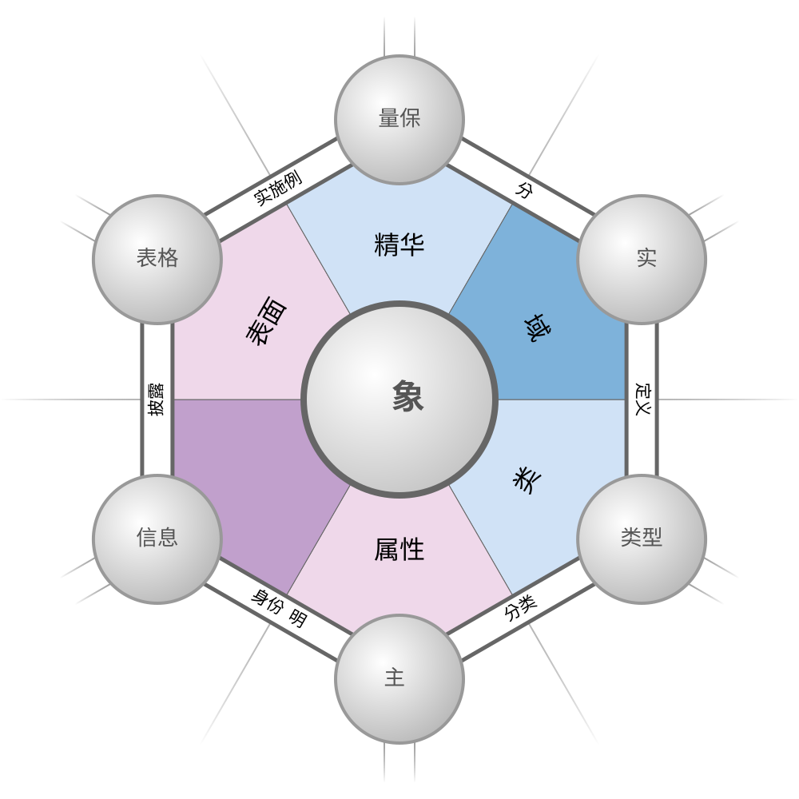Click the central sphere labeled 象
399,399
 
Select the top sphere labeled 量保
399,119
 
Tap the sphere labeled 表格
157,259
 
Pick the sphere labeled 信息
157,539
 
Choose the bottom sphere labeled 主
399,678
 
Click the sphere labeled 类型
642,539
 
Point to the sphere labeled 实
642,259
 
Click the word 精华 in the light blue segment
399,244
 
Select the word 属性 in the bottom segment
399,550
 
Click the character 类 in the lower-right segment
527,479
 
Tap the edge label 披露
156,399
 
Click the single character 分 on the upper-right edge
525,190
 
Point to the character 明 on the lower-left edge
298,618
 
